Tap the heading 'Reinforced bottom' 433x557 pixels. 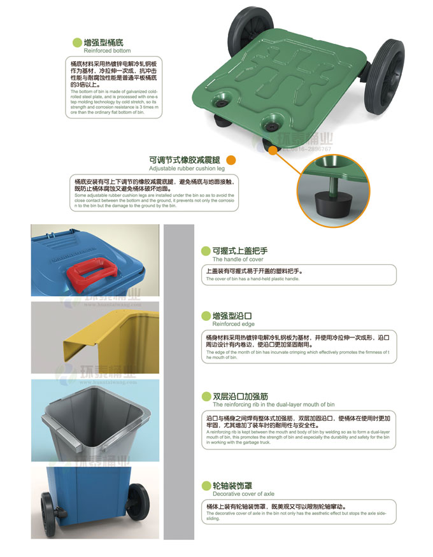click(107, 51)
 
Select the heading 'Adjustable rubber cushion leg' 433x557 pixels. click(187, 169)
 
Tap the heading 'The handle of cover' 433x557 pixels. click(238, 260)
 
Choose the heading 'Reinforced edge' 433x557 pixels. click(233, 324)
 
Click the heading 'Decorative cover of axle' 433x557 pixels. click(243, 494)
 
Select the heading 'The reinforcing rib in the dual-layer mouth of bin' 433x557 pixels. click(273, 404)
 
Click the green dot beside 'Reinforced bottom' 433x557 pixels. click(78, 42)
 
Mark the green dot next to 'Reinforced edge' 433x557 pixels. click(205, 316)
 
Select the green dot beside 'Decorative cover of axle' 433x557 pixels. click(205, 486)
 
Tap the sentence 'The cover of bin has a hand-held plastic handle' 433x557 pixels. click(252, 279)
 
